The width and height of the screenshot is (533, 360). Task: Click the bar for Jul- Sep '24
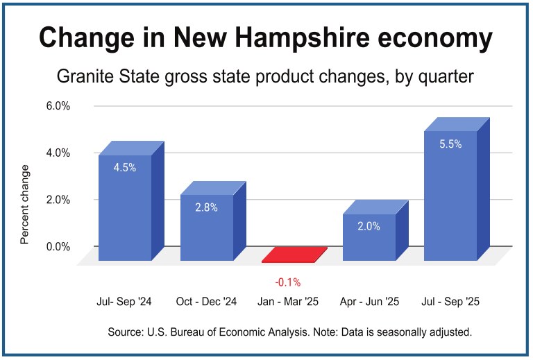pos(125,208)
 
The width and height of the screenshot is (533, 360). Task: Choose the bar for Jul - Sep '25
pos(450,201)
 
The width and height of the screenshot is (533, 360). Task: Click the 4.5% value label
pos(125,167)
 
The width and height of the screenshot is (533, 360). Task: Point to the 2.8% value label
pos(206,207)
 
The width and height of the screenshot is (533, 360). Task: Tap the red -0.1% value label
pos(288,282)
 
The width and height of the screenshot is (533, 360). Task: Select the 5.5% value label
pos(450,144)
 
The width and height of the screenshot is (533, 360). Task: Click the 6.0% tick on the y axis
pos(58,106)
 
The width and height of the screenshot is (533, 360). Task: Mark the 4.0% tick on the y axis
pos(58,153)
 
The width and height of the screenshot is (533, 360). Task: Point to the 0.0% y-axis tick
pos(58,246)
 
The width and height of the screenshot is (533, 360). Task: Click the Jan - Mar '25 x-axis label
pos(288,302)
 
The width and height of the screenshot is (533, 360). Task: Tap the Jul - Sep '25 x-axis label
pos(451,302)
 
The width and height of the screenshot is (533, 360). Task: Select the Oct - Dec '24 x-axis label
pos(207,302)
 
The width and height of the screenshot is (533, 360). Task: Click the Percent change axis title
pos(25,205)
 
